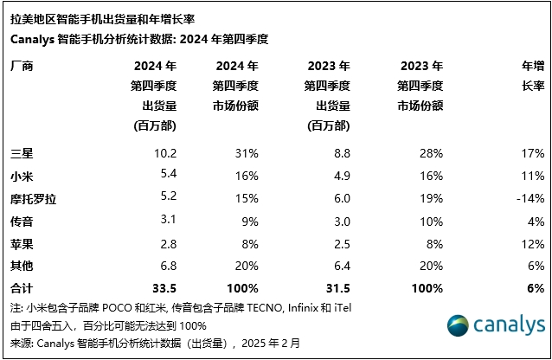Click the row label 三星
[19, 154]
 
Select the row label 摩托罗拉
[30, 198]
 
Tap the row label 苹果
[19, 243]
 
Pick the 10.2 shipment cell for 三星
[164, 154]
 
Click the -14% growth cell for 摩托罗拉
[530, 198]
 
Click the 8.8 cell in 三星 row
[340, 154]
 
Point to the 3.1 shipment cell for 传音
[168, 221]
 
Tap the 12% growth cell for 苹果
[532, 243]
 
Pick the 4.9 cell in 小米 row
[340, 177]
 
